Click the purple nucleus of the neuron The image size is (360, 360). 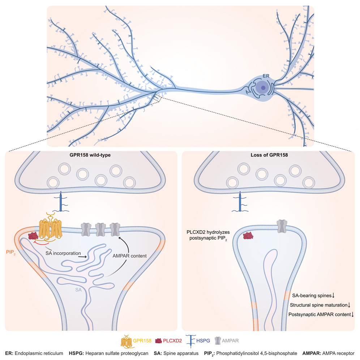coord(263,87)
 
